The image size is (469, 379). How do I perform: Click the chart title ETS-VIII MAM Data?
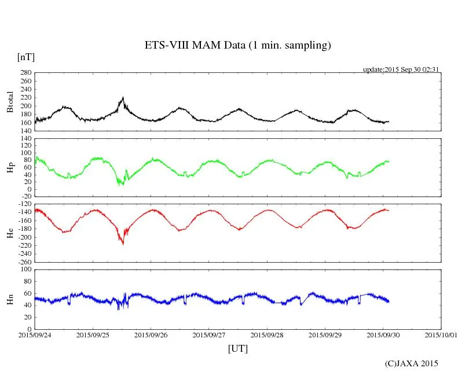point(237,46)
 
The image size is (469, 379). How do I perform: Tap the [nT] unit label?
point(26,57)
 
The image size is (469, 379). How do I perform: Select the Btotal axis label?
point(10,102)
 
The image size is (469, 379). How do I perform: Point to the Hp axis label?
point(10,168)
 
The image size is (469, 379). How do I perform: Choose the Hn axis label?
point(10,299)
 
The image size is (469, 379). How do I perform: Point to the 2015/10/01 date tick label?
point(441,335)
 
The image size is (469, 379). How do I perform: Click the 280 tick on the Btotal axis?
point(25,73)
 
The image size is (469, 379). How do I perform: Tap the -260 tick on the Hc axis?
point(23,262)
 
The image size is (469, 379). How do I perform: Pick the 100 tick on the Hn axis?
point(25,269)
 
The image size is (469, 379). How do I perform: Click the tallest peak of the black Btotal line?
point(123,98)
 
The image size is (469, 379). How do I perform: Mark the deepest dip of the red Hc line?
point(123,244)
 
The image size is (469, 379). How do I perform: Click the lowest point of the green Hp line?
point(120,185)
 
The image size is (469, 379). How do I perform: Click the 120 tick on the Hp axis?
point(25,139)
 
